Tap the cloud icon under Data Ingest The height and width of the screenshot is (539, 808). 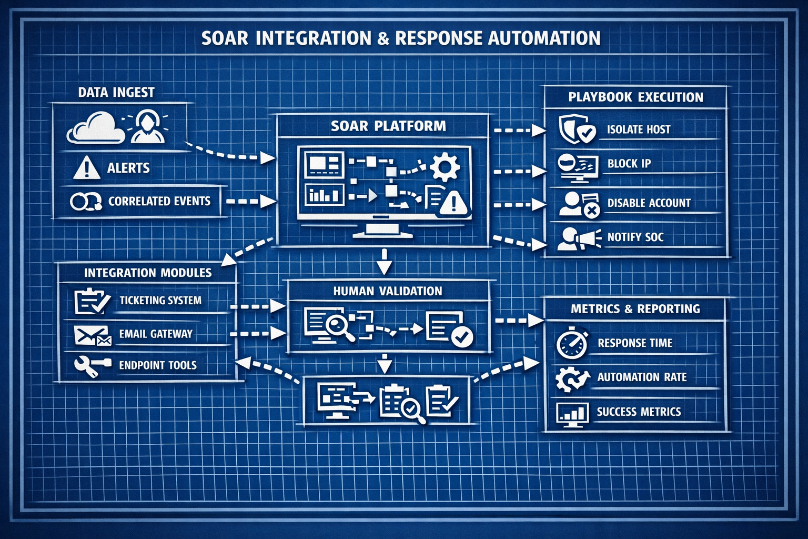[95, 129]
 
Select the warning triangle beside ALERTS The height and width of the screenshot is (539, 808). [86, 167]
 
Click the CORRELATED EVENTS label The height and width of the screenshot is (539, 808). [159, 201]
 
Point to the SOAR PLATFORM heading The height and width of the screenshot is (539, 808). [388, 126]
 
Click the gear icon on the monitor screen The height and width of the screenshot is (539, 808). [445, 166]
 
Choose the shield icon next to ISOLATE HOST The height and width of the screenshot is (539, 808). [576, 129]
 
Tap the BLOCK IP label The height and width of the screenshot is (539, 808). [629, 164]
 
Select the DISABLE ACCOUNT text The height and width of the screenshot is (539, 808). [649, 203]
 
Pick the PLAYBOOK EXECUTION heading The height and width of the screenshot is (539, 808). [635, 97]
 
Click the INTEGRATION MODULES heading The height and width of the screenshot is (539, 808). [148, 273]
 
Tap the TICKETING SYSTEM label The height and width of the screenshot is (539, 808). [160, 301]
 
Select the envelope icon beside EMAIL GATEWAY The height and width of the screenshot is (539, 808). [93, 335]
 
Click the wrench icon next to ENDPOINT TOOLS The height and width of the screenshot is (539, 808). [92, 366]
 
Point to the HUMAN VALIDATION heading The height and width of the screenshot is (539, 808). [388, 291]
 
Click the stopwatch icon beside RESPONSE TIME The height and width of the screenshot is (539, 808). [571, 344]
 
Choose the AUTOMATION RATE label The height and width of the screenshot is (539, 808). [642, 377]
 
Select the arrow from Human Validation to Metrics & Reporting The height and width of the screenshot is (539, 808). [519, 320]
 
